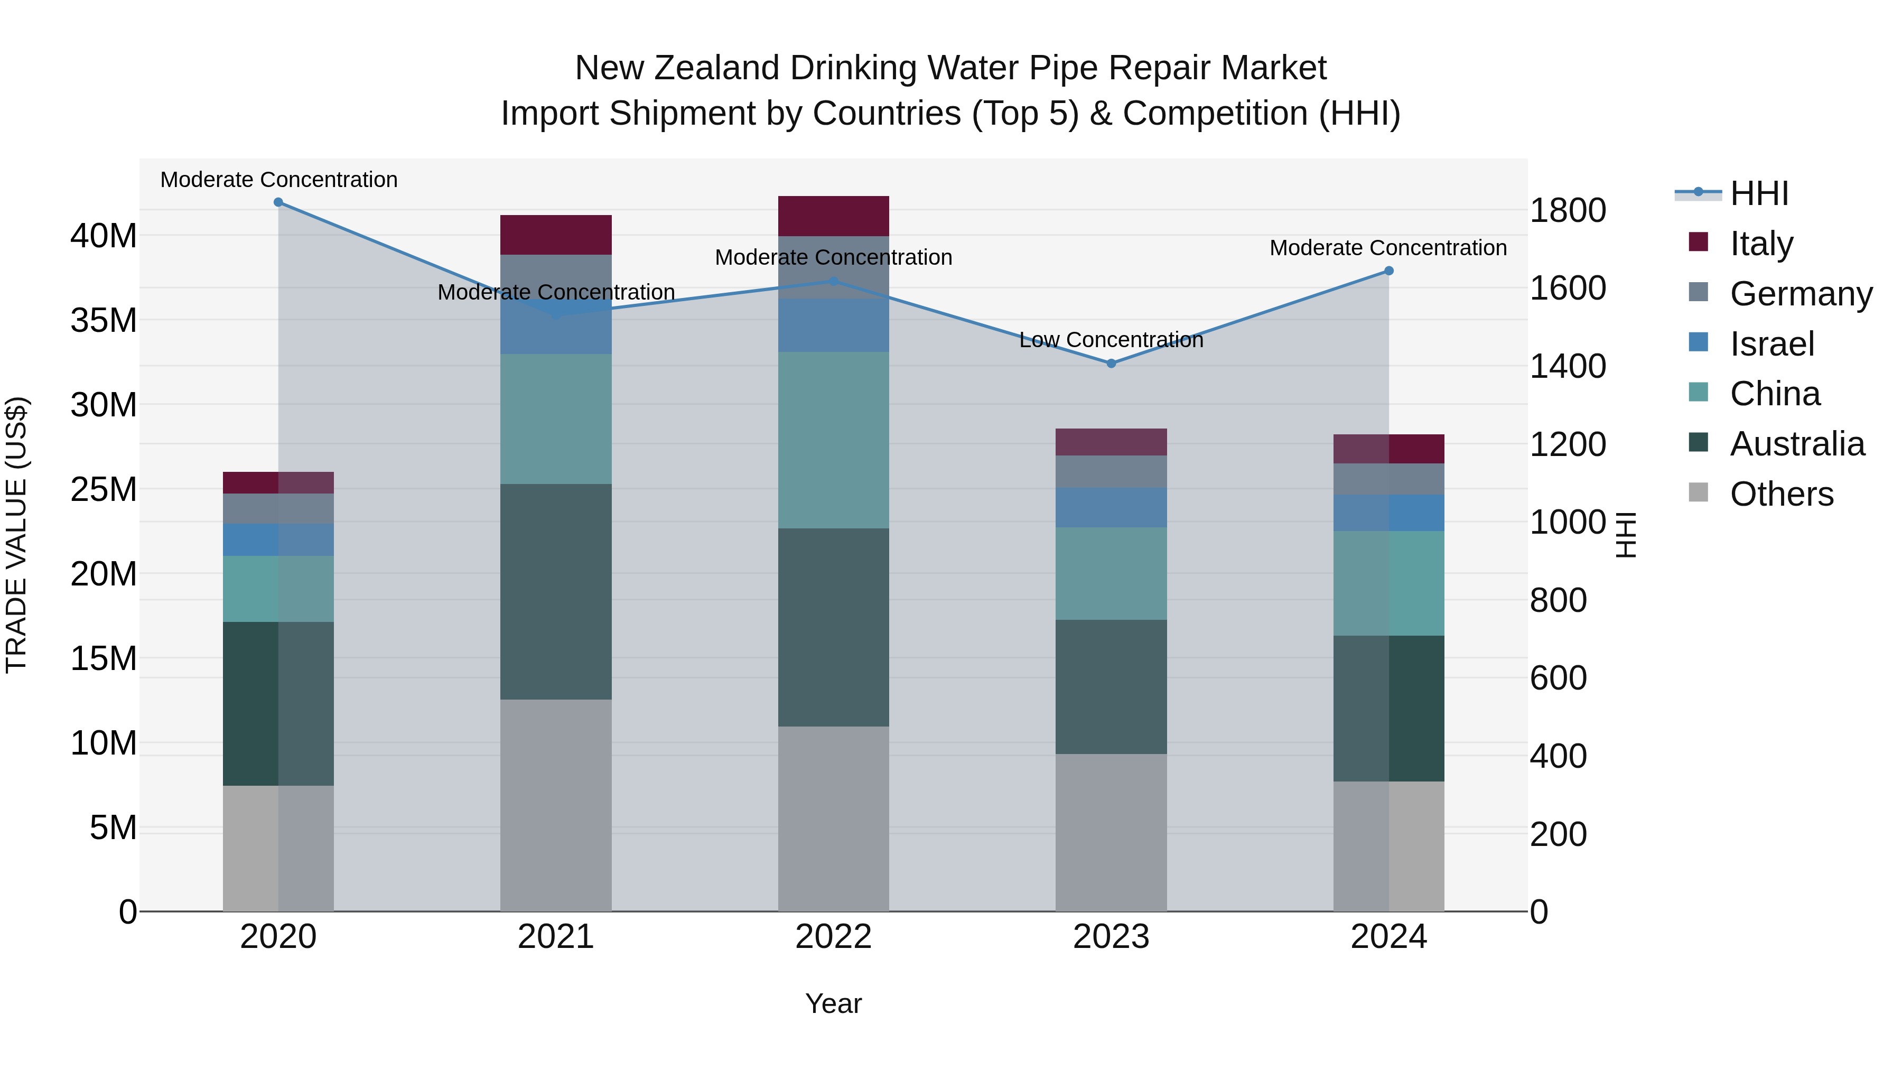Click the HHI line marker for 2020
pos(278,202)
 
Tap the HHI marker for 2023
pos(1111,364)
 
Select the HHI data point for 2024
pos(1389,271)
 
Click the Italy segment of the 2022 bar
pos(834,216)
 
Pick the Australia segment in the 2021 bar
pos(556,591)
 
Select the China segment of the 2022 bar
pos(834,440)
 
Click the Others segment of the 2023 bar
pos(1111,832)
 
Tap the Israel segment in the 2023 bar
pos(1111,507)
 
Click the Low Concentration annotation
pos(1111,340)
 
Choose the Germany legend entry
pos(1801,294)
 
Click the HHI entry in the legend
pos(1759,193)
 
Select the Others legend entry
pos(1781,494)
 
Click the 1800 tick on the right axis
pos(1568,210)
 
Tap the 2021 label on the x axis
pos(556,937)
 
